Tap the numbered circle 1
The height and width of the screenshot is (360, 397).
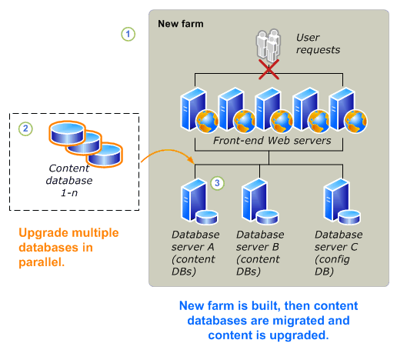click(x=128, y=34)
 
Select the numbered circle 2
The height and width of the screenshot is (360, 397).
click(x=26, y=128)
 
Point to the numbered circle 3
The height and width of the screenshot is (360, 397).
click(x=218, y=183)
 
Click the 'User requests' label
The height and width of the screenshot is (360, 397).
click(x=319, y=44)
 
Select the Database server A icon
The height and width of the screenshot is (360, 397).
click(x=191, y=202)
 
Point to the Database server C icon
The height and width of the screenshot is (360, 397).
click(x=338, y=202)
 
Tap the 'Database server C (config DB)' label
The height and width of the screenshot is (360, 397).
click(x=339, y=246)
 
